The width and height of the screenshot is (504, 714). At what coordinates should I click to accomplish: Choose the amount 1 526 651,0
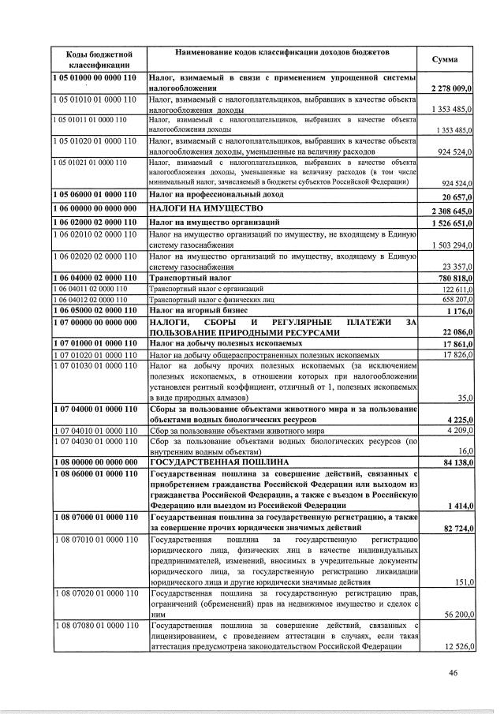450,224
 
